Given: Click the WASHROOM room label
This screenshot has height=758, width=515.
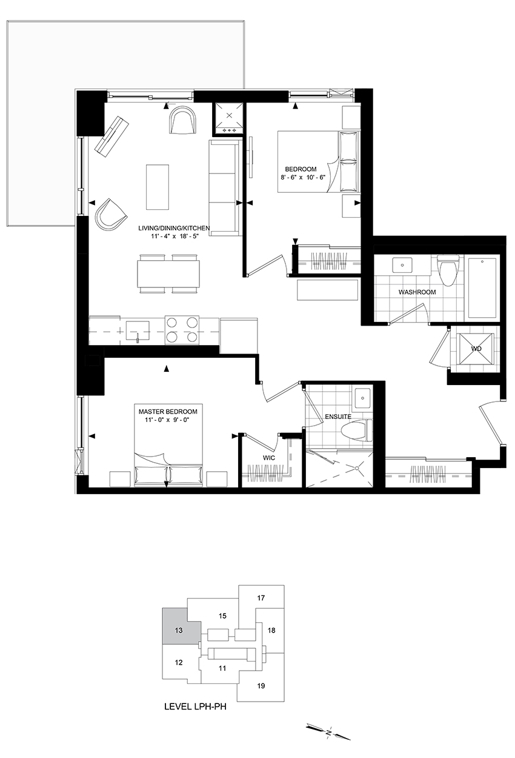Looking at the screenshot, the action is (417, 292).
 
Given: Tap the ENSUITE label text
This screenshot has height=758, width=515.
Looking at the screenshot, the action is (338, 417).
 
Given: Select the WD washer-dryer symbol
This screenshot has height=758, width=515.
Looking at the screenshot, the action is (476, 349).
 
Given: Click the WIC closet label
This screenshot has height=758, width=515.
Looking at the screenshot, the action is (269, 458).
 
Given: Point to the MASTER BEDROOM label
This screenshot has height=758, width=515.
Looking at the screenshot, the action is (168, 412).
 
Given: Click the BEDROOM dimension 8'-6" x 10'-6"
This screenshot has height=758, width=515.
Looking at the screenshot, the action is (301, 176).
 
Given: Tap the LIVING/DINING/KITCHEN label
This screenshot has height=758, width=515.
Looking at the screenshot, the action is (174, 228).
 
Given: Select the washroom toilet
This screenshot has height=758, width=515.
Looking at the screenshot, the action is (447, 270).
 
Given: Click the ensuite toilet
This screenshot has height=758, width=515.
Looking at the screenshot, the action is (356, 431).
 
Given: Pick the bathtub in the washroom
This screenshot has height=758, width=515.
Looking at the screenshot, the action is (482, 288).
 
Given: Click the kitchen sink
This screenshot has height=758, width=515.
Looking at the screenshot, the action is (138, 330).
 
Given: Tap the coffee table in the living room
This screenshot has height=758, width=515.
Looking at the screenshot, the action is (158, 187).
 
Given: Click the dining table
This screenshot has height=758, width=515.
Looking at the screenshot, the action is (167, 273).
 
